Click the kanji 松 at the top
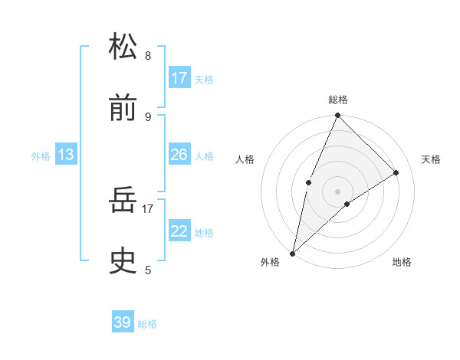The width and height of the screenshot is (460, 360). [123, 47]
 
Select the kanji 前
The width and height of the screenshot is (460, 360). [123, 110]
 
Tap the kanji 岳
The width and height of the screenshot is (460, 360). [123, 201]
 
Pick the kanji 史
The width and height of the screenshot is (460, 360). [123, 262]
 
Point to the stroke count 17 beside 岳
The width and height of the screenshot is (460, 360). [148, 208]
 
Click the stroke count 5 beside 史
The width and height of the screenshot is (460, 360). [148, 269]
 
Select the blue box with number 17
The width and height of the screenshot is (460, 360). [179, 78]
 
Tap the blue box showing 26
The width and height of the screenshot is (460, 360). [179, 155]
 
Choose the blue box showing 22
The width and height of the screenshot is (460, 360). [179, 231]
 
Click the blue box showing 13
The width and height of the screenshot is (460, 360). [66, 155]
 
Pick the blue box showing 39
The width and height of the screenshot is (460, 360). [123, 322]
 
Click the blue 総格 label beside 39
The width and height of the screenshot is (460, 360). [147, 324]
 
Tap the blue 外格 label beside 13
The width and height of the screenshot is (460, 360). [41, 156]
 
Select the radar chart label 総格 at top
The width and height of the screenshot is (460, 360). [337, 100]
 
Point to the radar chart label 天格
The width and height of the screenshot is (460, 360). [431, 159]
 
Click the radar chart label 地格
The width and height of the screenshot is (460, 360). [402, 262]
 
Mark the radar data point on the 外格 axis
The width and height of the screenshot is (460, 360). [292, 253]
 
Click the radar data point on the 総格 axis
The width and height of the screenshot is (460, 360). [337, 116]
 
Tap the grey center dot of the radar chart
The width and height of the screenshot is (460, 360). [337, 191]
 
